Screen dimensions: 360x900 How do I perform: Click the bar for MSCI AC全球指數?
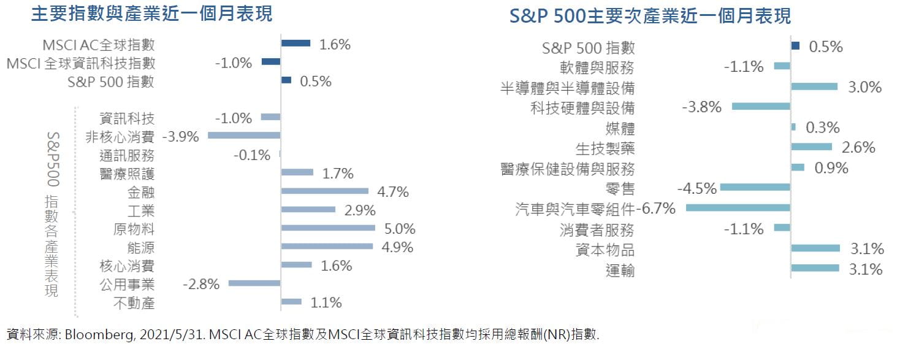click(x=296, y=44)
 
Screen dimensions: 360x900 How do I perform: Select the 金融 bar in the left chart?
click(x=324, y=191)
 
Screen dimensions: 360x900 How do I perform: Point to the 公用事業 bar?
click(x=254, y=283)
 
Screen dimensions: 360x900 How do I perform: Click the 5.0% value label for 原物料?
click(x=400, y=229)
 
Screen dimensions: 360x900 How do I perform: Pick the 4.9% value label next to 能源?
click(x=397, y=247)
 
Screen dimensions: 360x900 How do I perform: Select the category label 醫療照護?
click(x=127, y=174)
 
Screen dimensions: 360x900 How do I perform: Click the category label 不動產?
click(x=134, y=302)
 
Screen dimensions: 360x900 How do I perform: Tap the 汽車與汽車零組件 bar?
click(x=738, y=209)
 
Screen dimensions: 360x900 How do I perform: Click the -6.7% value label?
click(x=656, y=209)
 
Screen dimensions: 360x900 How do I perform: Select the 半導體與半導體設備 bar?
click(x=814, y=87)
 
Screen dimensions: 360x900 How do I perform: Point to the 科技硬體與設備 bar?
click(x=761, y=107)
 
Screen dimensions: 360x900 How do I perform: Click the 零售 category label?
click(x=620, y=188)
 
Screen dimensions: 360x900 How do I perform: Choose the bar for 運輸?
click(x=815, y=268)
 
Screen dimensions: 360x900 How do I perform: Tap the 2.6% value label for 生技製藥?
click(x=858, y=148)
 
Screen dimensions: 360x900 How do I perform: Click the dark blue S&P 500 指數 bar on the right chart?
click(x=795, y=46)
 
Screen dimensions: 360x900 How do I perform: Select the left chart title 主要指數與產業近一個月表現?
click(x=152, y=13)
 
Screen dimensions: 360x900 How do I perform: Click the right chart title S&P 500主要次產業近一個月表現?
click(x=650, y=15)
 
